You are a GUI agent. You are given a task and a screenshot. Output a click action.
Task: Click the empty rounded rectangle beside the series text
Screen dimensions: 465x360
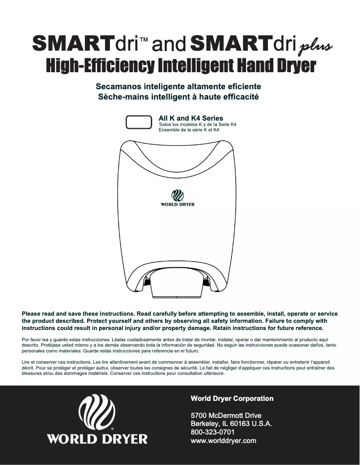pos(138,122)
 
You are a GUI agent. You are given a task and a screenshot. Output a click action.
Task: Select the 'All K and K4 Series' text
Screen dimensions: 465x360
pos(191,118)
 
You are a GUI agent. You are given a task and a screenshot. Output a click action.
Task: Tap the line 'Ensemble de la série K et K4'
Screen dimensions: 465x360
pos(189,130)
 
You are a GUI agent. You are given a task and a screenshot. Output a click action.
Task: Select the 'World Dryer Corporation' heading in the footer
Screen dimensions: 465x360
pos(232,398)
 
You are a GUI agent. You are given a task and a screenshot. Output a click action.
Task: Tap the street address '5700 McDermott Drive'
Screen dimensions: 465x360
pos(226,415)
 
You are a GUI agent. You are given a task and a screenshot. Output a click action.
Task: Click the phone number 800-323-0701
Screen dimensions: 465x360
pos(213,432)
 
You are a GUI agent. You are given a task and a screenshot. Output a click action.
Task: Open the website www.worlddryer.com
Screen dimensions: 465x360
pos(224,441)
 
